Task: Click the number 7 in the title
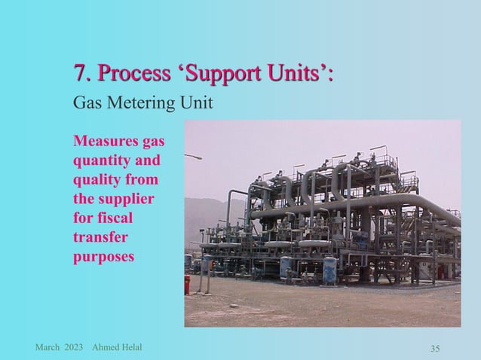click(x=78, y=75)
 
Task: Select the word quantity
click(x=101, y=161)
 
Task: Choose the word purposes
click(x=103, y=257)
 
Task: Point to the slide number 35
click(x=435, y=348)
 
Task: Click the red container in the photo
click(x=187, y=285)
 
